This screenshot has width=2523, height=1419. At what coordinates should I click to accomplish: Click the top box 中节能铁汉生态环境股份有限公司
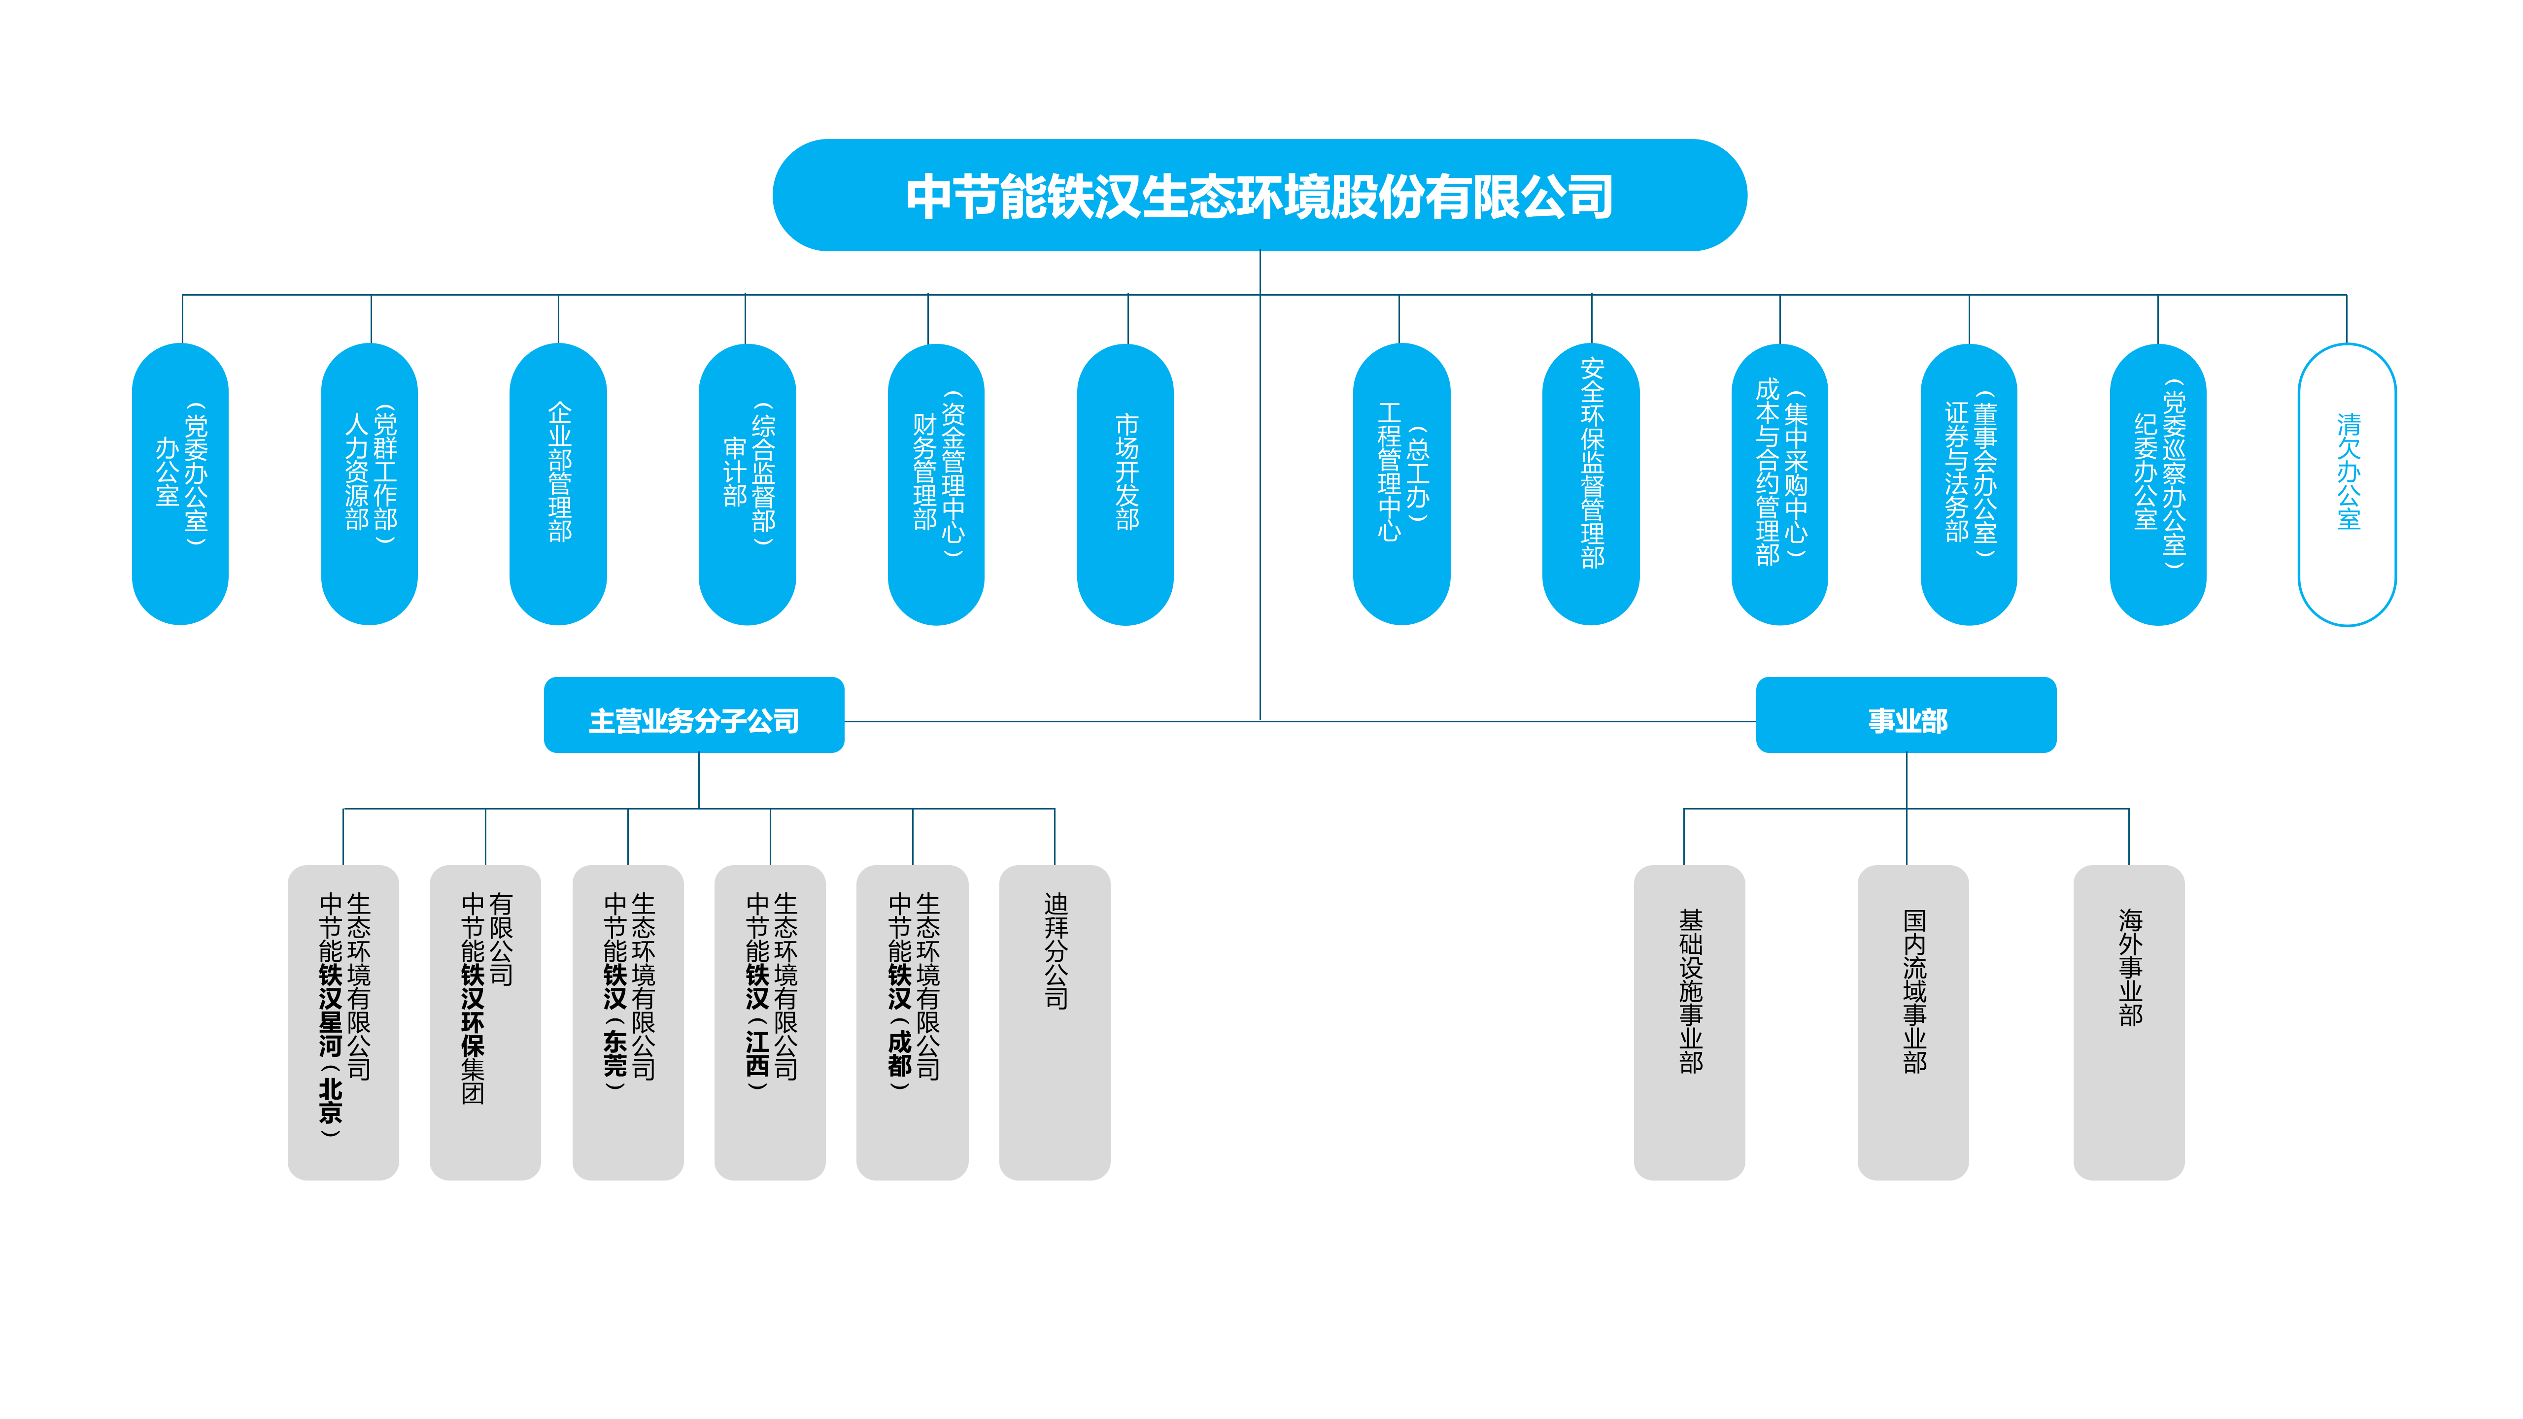coord(1260,195)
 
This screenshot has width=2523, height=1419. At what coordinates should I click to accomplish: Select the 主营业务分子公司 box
coord(693,715)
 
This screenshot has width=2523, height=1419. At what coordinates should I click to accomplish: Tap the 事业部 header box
coord(1906,715)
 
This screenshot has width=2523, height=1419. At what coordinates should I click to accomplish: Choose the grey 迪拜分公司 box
coord(1055,1022)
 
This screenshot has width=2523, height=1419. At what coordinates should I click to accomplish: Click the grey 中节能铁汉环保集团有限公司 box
coord(485,1022)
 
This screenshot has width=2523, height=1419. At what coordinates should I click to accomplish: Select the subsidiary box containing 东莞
coord(628,1022)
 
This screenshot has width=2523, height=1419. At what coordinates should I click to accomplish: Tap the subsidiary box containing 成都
coord(912,1022)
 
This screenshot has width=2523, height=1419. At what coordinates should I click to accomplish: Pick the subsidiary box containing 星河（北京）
coord(343,1022)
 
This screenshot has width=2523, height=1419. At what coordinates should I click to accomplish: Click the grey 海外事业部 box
coord(2129,1022)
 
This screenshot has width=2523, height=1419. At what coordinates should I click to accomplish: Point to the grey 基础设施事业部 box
coord(1690,1022)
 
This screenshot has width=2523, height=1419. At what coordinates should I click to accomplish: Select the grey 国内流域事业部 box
coord(1913,1022)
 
